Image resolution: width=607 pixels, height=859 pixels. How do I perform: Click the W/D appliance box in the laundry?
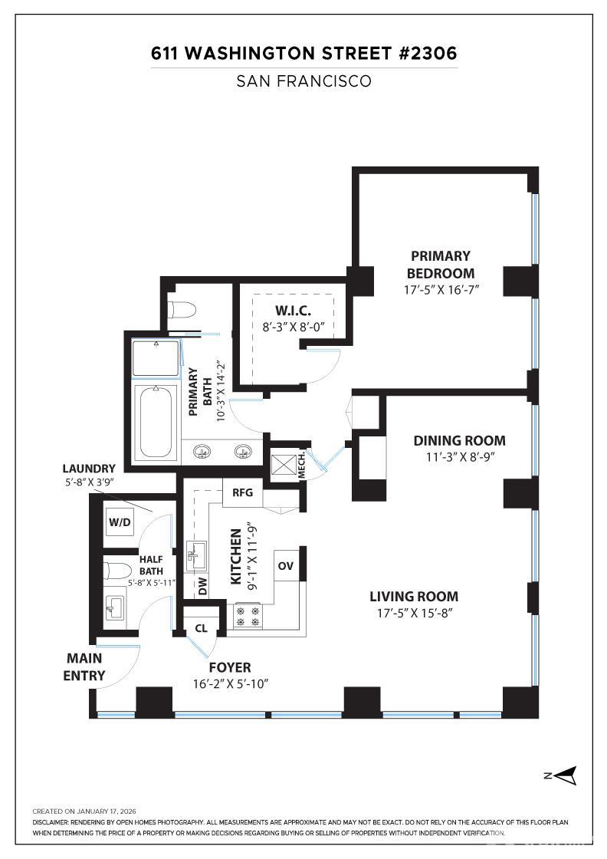120,523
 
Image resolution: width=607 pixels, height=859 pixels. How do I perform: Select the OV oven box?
286,565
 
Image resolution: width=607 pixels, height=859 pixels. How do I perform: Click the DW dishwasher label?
202,587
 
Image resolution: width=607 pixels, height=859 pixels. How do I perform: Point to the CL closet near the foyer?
201,627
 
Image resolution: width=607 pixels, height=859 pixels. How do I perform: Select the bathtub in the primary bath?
156,421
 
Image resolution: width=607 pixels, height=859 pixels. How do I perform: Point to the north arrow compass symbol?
566,775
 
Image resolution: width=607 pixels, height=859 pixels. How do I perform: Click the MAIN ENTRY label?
84,666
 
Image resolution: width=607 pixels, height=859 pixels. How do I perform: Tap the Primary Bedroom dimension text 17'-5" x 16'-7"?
440,291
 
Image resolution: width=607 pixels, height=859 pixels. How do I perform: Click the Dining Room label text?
459,440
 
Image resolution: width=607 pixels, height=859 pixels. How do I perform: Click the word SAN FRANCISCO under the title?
303,81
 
